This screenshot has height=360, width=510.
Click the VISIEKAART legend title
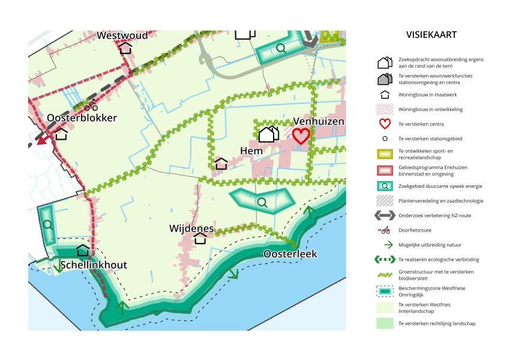tap(431, 35)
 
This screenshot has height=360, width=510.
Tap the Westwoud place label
tap(122, 35)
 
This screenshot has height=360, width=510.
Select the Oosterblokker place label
tap(82, 118)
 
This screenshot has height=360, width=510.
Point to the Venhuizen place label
tap(319, 122)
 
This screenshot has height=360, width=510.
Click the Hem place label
tap(251, 151)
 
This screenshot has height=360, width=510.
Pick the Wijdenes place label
tap(192, 228)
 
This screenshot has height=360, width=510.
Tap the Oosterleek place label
tap(290, 254)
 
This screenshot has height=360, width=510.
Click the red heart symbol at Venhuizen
tap(301, 136)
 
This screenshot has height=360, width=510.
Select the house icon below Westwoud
tap(125, 47)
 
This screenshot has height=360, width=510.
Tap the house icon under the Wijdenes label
tap(200, 238)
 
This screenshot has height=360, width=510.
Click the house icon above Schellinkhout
tap(83, 250)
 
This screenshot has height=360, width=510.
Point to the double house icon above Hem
tap(268, 134)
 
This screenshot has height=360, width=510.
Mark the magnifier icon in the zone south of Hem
tap(262, 202)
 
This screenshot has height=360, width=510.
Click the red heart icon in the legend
tap(385, 124)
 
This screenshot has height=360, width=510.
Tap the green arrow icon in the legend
tap(385, 245)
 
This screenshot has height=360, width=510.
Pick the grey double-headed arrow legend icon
tap(385, 215)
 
